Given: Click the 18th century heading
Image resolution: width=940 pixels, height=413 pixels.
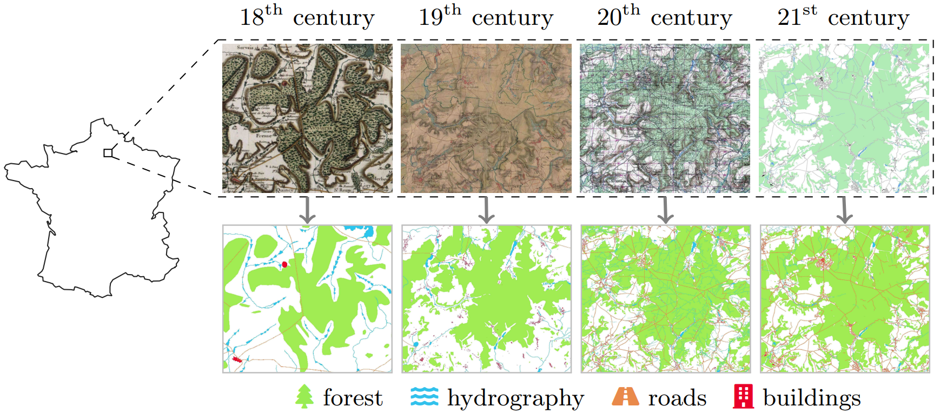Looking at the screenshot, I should [x=307, y=17].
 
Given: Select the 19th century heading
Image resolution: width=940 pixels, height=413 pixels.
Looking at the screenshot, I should [x=486, y=17].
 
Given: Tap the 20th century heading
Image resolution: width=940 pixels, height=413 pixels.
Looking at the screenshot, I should [x=664, y=17].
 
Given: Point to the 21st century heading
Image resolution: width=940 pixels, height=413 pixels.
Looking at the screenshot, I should [x=843, y=17].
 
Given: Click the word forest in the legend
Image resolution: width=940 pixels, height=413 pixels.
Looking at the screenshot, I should [x=353, y=398].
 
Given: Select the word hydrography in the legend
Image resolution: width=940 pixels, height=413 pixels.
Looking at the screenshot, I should [x=515, y=399].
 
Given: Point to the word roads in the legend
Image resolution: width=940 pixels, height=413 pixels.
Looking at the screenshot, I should [x=677, y=398].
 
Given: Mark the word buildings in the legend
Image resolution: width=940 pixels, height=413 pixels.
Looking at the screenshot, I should [x=811, y=398].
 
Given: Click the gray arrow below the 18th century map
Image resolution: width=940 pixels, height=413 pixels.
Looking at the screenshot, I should [x=307, y=210].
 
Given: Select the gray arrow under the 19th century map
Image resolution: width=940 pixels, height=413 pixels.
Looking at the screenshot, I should [x=487, y=210].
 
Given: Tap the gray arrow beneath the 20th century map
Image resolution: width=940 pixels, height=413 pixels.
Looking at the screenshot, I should [x=666, y=210].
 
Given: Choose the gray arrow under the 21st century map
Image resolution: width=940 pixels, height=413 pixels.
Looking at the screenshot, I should [x=844, y=210].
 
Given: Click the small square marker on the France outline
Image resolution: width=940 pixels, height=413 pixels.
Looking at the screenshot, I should [x=108, y=153].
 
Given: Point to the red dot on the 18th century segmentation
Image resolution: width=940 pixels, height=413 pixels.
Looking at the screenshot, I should [x=284, y=264].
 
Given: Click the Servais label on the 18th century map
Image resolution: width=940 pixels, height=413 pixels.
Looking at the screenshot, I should [x=245, y=48].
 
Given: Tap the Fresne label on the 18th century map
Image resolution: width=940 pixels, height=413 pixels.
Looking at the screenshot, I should [x=264, y=136].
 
